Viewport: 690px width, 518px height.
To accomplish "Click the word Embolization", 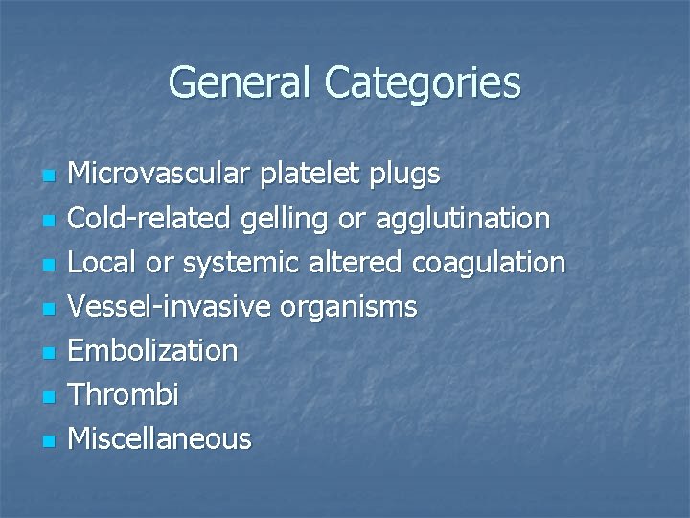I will pyautogui.click(x=154, y=350).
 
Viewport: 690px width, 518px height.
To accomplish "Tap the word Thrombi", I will pyautogui.click(x=126, y=394).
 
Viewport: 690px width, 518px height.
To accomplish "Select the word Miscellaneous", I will pyautogui.click(x=161, y=438).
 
